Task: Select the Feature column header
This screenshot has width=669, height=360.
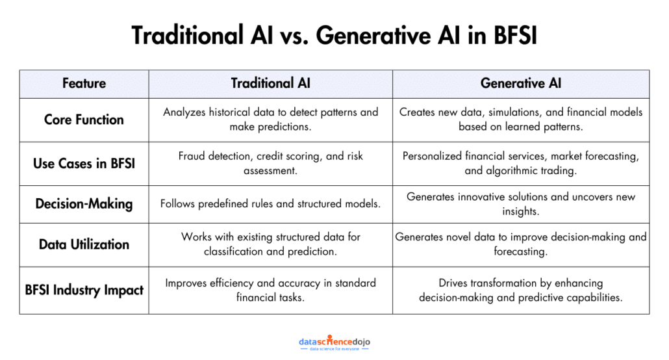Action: pos(84,83)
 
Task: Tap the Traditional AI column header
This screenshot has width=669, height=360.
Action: pos(270,83)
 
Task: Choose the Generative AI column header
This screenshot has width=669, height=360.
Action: pos(520,83)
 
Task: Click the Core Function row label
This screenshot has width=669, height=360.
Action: pos(84,120)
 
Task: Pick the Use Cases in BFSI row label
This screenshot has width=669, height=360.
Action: pos(84,163)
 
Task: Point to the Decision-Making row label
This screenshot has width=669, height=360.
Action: pos(84,203)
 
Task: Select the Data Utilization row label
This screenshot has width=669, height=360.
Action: pos(84,244)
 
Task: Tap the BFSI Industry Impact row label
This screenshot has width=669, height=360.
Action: pos(84,290)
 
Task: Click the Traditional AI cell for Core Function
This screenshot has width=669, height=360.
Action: pos(270,120)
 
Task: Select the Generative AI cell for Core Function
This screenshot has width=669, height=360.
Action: pos(520,120)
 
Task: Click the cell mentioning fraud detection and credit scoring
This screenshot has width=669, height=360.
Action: pos(270,163)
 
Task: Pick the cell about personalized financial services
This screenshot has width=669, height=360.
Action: pos(520,163)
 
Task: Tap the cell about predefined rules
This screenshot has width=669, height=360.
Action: pos(270,203)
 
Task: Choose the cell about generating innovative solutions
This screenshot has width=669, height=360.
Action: pos(520,203)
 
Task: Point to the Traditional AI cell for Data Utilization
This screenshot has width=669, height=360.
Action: pos(270,244)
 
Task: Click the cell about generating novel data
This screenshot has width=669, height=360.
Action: pos(520,244)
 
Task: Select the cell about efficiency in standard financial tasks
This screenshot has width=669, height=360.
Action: pos(270,290)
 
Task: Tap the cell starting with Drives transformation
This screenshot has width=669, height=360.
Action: pos(520,290)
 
